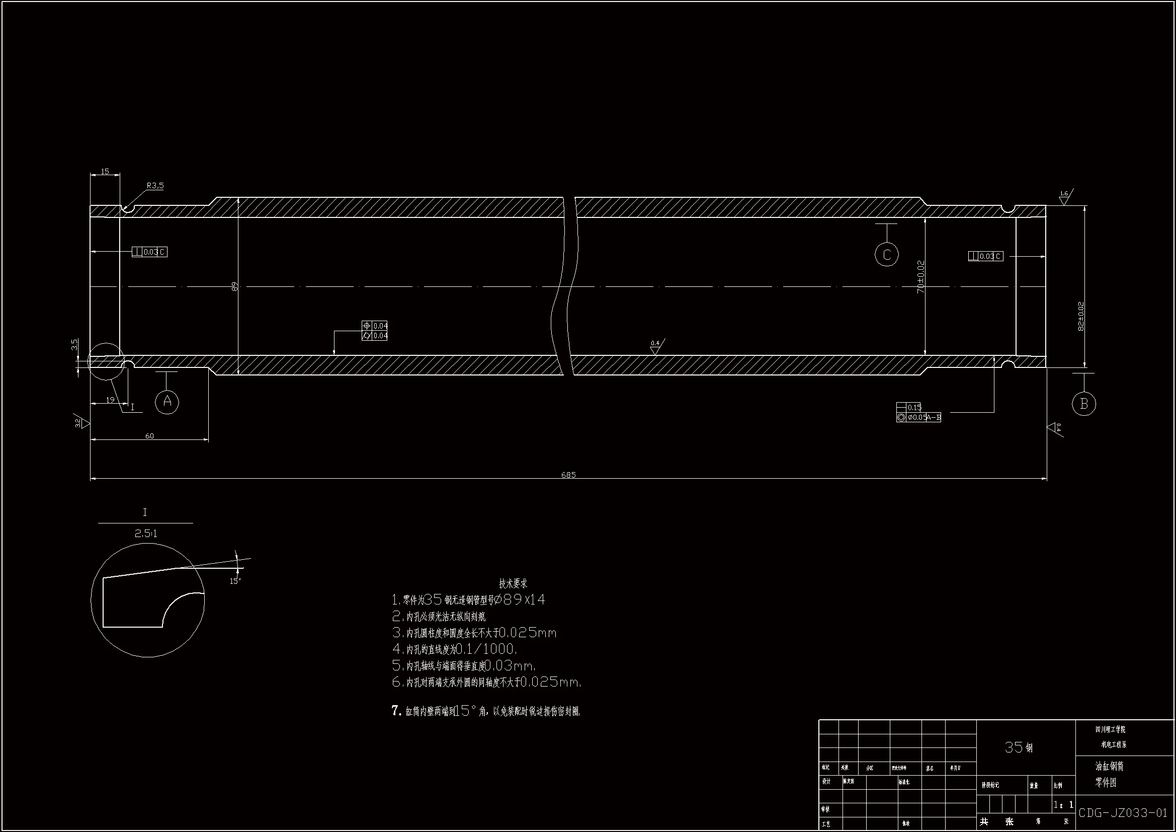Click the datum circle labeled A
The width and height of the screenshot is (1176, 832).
point(167,402)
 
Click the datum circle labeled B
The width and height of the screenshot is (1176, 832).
point(1083,404)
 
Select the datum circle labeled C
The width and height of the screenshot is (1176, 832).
point(887,254)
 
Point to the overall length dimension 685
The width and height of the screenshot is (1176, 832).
point(568,475)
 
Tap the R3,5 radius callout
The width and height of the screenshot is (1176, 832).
point(155,186)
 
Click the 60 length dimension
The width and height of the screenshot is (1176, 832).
point(149,436)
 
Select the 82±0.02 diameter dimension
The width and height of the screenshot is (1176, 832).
point(1081,316)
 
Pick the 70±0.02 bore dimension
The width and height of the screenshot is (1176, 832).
point(920,277)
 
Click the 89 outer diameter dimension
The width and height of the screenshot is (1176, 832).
point(235,286)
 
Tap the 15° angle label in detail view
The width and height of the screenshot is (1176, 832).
point(235,581)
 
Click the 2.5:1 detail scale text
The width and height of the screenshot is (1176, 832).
point(146,534)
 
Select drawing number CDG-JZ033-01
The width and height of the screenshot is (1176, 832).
point(1123,813)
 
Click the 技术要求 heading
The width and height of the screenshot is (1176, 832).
point(513,583)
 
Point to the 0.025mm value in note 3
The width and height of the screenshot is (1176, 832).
point(528,633)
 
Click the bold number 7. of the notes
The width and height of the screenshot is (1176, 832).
point(396,711)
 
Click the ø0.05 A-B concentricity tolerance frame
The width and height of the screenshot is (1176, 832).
point(919,417)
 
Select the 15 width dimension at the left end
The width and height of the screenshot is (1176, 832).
point(105,171)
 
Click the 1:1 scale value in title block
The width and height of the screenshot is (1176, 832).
point(1063,805)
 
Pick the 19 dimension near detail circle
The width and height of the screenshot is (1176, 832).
point(110,399)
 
